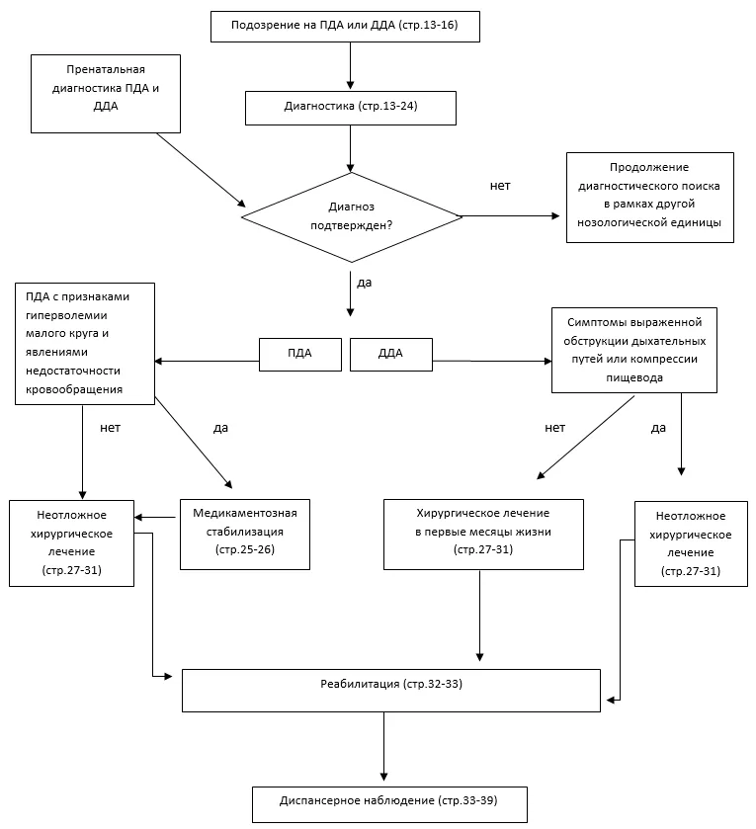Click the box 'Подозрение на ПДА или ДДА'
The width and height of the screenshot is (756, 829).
click(x=345, y=27)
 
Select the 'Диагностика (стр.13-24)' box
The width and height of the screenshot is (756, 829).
click(x=351, y=108)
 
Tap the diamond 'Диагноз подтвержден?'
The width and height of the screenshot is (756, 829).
click(x=352, y=216)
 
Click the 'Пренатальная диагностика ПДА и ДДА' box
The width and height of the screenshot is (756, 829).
click(x=106, y=94)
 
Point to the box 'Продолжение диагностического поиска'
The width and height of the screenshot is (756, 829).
click(x=649, y=198)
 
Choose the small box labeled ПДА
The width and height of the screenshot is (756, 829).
click(x=300, y=355)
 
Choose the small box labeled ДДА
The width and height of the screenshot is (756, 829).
click(x=391, y=355)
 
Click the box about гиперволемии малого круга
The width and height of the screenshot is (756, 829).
click(x=85, y=344)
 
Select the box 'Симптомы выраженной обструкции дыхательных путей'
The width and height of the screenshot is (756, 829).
click(x=634, y=350)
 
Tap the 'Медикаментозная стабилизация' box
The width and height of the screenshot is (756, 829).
click(x=245, y=534)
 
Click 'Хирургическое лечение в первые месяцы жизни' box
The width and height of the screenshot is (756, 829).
click(x=483, y=534)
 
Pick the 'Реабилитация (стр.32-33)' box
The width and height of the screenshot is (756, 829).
click(x=391, y=691)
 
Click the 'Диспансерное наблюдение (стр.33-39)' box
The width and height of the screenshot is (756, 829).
click(x=389, y=804)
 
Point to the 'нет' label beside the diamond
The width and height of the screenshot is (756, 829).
click(x=500, y=186)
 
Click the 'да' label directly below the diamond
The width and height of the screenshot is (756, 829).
click(x=365, y=283)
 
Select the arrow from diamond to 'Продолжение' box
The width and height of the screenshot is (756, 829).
click(x=511, y=215)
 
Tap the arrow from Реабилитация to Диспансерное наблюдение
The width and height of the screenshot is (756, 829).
click(x=384, y=747)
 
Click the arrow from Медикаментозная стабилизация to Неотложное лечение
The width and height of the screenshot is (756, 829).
click(x=155, y=517)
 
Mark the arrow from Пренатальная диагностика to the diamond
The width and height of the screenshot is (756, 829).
click(x=202, y=170)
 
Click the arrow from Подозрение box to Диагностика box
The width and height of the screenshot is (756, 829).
click(x=350, y=65)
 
